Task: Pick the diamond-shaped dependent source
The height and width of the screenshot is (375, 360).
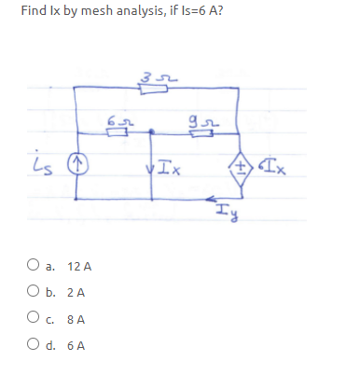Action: pos(245,167)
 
